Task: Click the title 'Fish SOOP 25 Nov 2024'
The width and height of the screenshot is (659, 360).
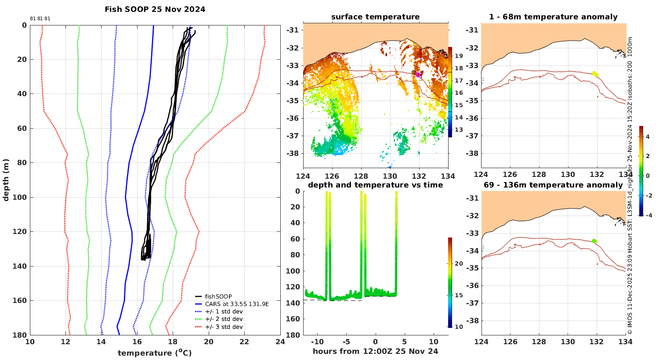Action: tap(155, 9)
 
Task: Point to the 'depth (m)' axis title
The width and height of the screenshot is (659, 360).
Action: tap(6, 180)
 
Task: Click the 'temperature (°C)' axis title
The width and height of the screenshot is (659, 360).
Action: tap(155, 353)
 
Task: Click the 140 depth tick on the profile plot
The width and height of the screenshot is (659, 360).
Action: tap(20, 266)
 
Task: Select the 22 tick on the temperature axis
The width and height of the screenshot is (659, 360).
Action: tap(244, 342)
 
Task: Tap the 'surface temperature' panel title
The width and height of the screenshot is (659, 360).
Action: tap(375, 17)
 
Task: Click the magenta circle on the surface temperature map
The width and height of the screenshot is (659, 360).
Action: tap(418, 75)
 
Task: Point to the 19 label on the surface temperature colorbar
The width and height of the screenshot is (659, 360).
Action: tap(459, 56)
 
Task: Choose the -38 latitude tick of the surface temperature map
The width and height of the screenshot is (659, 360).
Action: tap(293, 153)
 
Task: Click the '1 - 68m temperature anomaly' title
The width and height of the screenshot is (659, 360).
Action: tap(553, 17)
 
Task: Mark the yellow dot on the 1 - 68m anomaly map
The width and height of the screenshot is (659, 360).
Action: tap(595, 74)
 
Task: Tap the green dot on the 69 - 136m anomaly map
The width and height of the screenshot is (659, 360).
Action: tap(594, 241)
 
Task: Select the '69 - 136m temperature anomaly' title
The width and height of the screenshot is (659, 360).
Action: tap(554, 185)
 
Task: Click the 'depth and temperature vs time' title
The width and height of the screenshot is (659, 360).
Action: tap(375, 185)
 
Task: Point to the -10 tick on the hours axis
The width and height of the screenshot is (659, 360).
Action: tap(317, 342)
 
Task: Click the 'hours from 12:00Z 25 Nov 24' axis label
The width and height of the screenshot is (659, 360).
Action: tap(375, 351)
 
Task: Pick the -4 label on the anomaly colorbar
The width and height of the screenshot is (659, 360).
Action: tap(649, 215)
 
